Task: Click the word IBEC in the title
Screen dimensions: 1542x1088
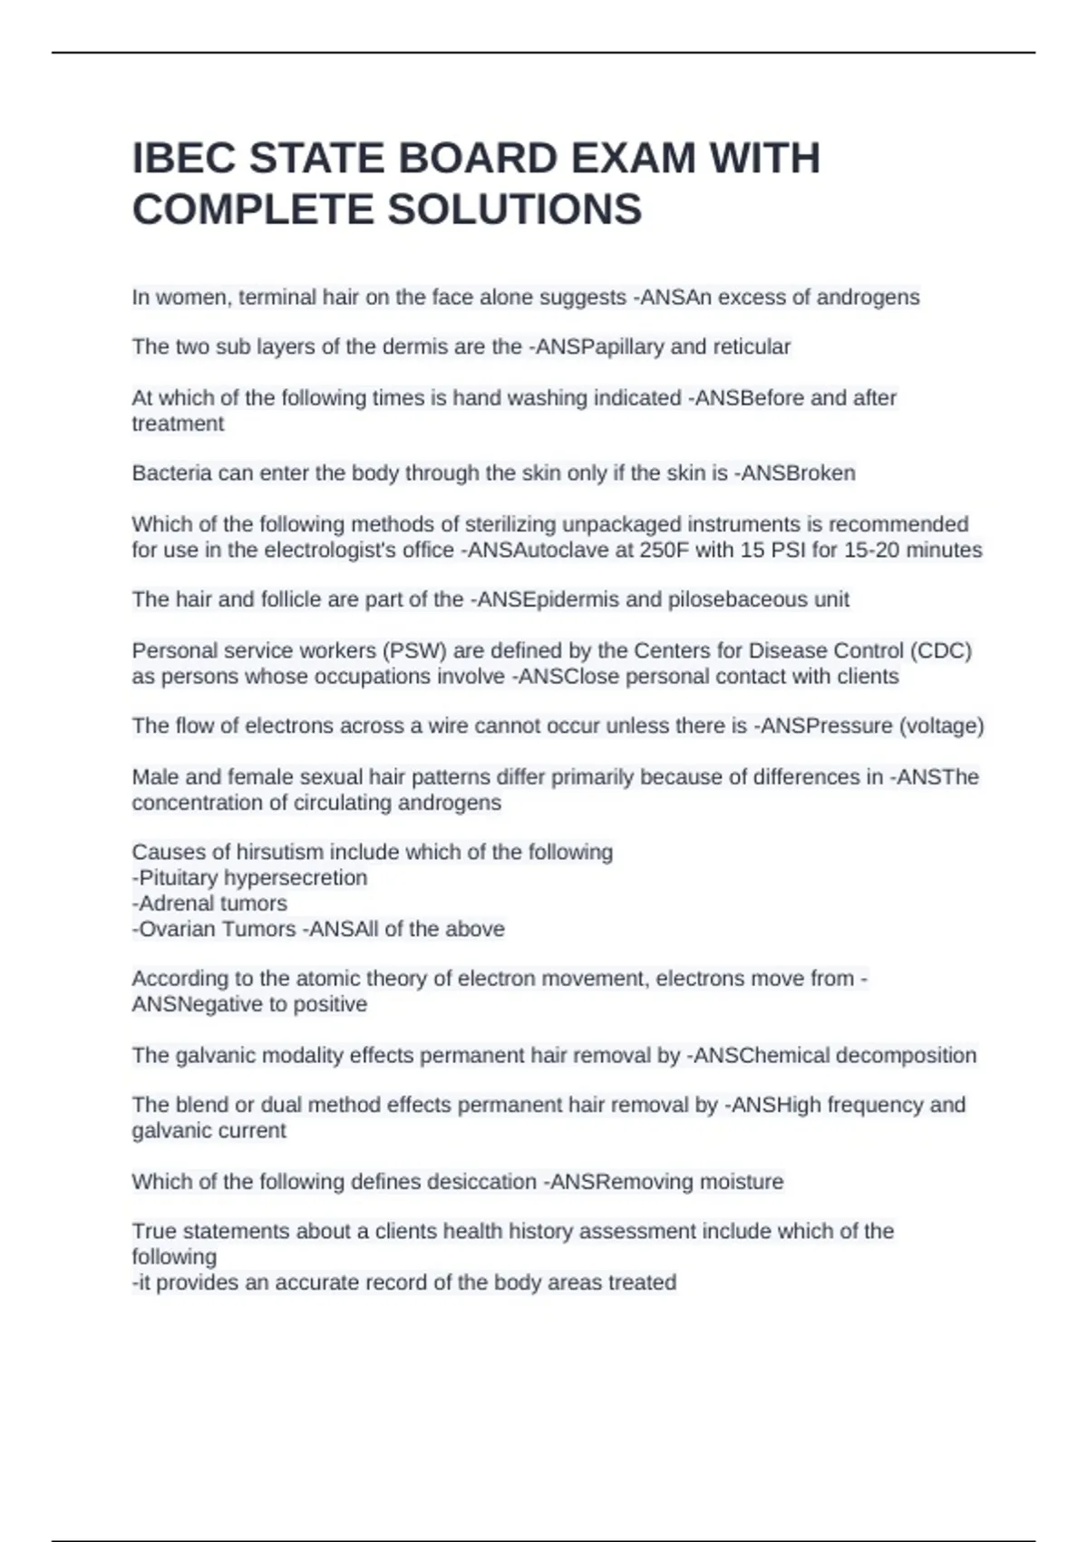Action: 183,159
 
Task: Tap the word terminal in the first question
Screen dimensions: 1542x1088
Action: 277,298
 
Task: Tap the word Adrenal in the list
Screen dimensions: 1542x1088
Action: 174,903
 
